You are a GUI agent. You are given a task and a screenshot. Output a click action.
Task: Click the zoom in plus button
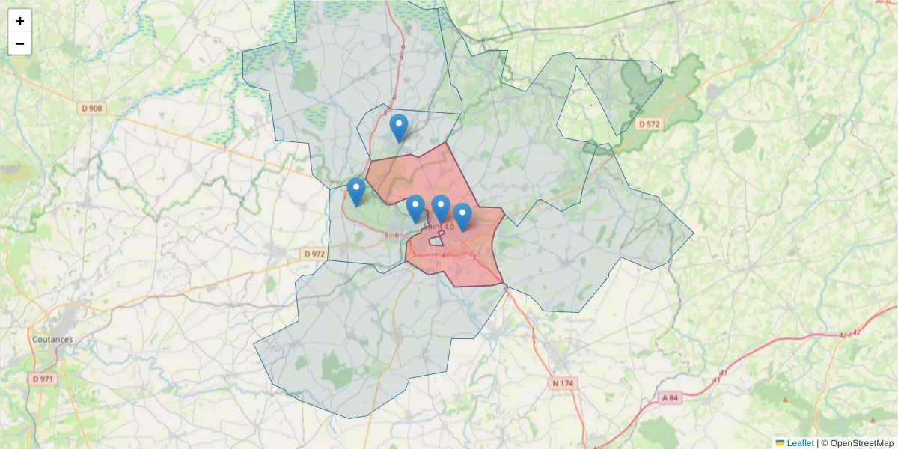(x=20, y=21)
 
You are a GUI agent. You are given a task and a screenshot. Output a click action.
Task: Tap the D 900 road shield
(x=91, y=109)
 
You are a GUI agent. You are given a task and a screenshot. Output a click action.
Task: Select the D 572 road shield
(x=649, y=123)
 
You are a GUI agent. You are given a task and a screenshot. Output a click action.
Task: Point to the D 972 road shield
(x=315, y=254)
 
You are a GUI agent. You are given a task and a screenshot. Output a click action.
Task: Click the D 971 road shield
(x=44, y=379)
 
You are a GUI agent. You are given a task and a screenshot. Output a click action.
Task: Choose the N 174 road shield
(x=563, y=383)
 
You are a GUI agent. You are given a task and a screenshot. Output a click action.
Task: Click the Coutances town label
(x=52, y=339)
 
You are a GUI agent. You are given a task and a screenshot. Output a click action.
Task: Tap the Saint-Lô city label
(x=439, y=226)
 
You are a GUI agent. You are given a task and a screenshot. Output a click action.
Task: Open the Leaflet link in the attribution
(x=800, y=443)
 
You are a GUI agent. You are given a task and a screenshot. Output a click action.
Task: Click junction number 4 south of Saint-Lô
(x=444, y=255)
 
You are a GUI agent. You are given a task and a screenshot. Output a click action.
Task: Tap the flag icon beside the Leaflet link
(x=780, y=443)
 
